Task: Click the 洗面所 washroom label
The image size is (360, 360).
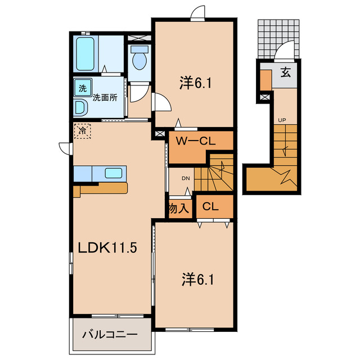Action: point(105,97)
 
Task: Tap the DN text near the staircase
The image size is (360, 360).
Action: point(186,178)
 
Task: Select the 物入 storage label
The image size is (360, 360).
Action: point(178,208)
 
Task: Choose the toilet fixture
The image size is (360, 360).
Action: point(138,57)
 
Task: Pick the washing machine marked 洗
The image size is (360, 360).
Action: point(82,88)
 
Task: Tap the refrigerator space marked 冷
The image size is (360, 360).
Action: point(82,131)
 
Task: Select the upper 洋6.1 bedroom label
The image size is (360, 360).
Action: point(195,83)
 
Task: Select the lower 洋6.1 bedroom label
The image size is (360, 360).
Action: point(195,278)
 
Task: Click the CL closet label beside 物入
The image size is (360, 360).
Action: point(210,206)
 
